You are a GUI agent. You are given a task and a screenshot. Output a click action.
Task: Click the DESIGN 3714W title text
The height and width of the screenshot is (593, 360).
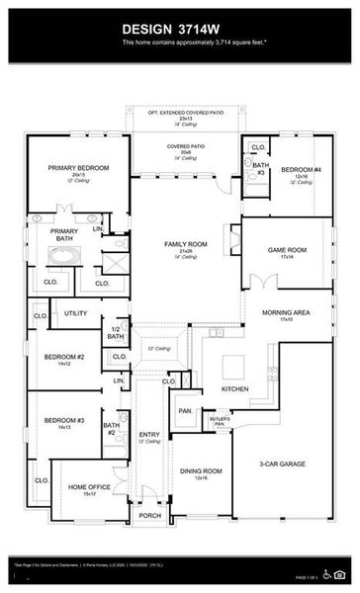(x=179, y=30)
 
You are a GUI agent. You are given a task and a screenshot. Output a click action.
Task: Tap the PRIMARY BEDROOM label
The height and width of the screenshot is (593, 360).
(x=78, y=168)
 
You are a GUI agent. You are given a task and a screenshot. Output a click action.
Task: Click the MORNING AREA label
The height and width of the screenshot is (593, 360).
(x=287, y=312)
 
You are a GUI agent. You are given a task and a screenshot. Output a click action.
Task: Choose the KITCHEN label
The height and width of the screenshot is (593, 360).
(x=235, y=389)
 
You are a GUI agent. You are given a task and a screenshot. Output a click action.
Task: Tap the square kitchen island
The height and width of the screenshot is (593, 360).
(x=233, y=367)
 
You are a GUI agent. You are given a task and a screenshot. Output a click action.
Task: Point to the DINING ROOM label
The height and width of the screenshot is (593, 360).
(x=201, y=470)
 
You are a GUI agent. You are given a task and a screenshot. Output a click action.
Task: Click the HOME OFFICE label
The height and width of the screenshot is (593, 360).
(x=87, y=487)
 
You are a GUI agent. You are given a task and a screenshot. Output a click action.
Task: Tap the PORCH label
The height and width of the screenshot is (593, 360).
(x=149, y=515)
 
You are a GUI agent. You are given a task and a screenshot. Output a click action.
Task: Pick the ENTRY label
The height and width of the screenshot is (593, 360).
(x=149, y=434)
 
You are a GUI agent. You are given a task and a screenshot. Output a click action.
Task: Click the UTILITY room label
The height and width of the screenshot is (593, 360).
(x=76, y=313)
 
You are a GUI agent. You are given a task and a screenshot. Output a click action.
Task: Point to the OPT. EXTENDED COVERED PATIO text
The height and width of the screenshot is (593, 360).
(x=180, y=112)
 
